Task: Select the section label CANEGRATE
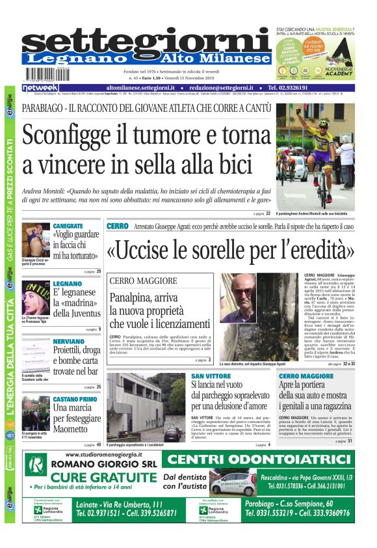(68, 225)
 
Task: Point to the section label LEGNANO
(68, 284)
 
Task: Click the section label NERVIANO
(69, 341)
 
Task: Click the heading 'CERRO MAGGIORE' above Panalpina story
(143, 281)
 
